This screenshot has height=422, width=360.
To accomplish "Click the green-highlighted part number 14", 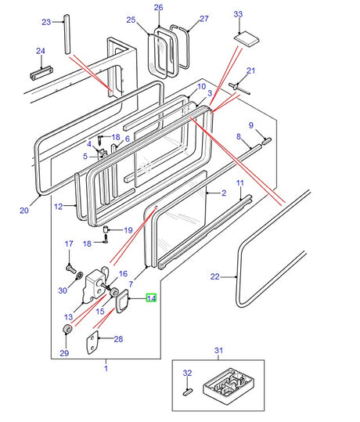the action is (151, 298).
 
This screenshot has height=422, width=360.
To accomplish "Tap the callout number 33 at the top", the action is (238, 14).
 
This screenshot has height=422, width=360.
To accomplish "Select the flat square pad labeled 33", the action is (247, 39).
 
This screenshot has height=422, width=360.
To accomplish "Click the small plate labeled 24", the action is (41, 73).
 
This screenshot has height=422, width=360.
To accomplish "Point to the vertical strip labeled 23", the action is (67, 34).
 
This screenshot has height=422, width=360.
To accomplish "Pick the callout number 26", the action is (158, 7).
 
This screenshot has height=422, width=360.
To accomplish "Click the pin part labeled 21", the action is (239, 89).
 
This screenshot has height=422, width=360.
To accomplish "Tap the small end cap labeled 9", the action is (267, 141).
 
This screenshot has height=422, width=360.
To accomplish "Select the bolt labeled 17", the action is (71, 269).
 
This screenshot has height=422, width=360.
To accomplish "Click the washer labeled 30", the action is (80, 276).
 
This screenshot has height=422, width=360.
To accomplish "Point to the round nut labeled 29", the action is (67, 329).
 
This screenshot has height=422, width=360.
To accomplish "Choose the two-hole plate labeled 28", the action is (92, 341).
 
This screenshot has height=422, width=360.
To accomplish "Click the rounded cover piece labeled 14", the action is (122, 301).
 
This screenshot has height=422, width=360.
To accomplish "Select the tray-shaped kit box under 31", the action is (229, 383).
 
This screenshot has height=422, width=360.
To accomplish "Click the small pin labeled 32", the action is (187, 391).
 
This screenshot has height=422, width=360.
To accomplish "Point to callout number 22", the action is (215, 276).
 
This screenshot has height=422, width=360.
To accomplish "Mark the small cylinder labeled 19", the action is (106, 230).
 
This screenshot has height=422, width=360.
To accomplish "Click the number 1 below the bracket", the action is (106, 368).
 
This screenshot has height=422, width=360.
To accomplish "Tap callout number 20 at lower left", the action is (24, 210).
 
